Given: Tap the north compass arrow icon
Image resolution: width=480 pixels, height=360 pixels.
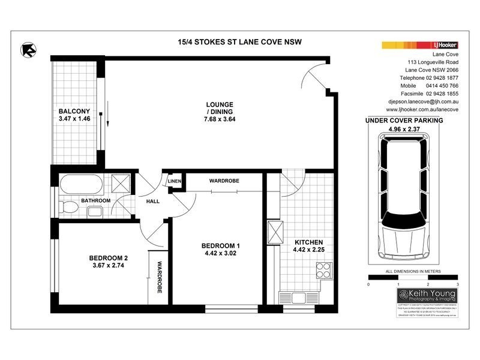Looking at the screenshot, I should coord(28,49).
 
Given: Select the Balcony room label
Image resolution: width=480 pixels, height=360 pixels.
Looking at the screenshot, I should coord(74,112).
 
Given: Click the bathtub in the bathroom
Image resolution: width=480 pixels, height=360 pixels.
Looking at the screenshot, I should coord(82,182).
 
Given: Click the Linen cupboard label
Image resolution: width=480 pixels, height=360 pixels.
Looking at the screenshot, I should coord(175,181).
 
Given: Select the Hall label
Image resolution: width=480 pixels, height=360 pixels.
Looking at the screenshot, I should coord(152,201).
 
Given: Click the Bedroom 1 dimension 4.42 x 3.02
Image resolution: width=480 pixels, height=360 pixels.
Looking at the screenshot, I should coord(220,253).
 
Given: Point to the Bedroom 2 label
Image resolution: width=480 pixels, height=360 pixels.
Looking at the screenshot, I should coord(109,259).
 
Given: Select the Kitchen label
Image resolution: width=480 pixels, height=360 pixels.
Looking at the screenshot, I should coord(309,242).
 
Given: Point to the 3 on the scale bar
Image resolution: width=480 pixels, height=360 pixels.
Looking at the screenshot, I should coord(457,283).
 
